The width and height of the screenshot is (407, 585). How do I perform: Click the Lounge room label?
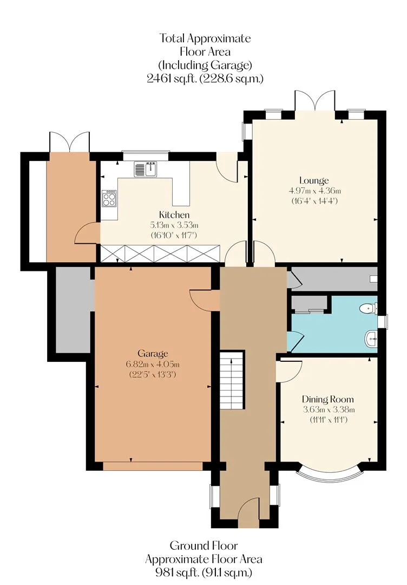click(x=314, y=180)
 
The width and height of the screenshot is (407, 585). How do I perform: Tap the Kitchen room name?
click(x=174, y=215)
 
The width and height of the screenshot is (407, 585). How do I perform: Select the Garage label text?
click(x=153, y=353)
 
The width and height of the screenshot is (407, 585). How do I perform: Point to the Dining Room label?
click(x=327, y=400)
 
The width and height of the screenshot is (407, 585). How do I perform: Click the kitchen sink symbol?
click(x=146, y=169)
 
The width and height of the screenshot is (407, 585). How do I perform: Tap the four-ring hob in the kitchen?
click(x=109, y=198)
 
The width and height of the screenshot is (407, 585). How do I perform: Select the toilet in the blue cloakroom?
click(x=367, y=308)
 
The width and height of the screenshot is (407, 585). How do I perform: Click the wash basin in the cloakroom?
click(x=370, y=339)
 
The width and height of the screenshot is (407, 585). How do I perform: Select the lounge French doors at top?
click(x=315, y=100)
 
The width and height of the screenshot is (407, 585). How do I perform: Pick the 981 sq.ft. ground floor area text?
click(x=177, y=573)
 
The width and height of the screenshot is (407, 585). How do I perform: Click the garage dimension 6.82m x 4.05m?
click(x=153, y=364)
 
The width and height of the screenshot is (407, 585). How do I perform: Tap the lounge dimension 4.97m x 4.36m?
click(x=315, y=191)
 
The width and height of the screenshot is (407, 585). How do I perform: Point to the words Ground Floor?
click(x=203, y=546)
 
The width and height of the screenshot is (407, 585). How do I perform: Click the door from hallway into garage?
click(x=204, y=300)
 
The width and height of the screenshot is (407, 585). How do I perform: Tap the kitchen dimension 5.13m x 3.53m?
click(x=174, y=225)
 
